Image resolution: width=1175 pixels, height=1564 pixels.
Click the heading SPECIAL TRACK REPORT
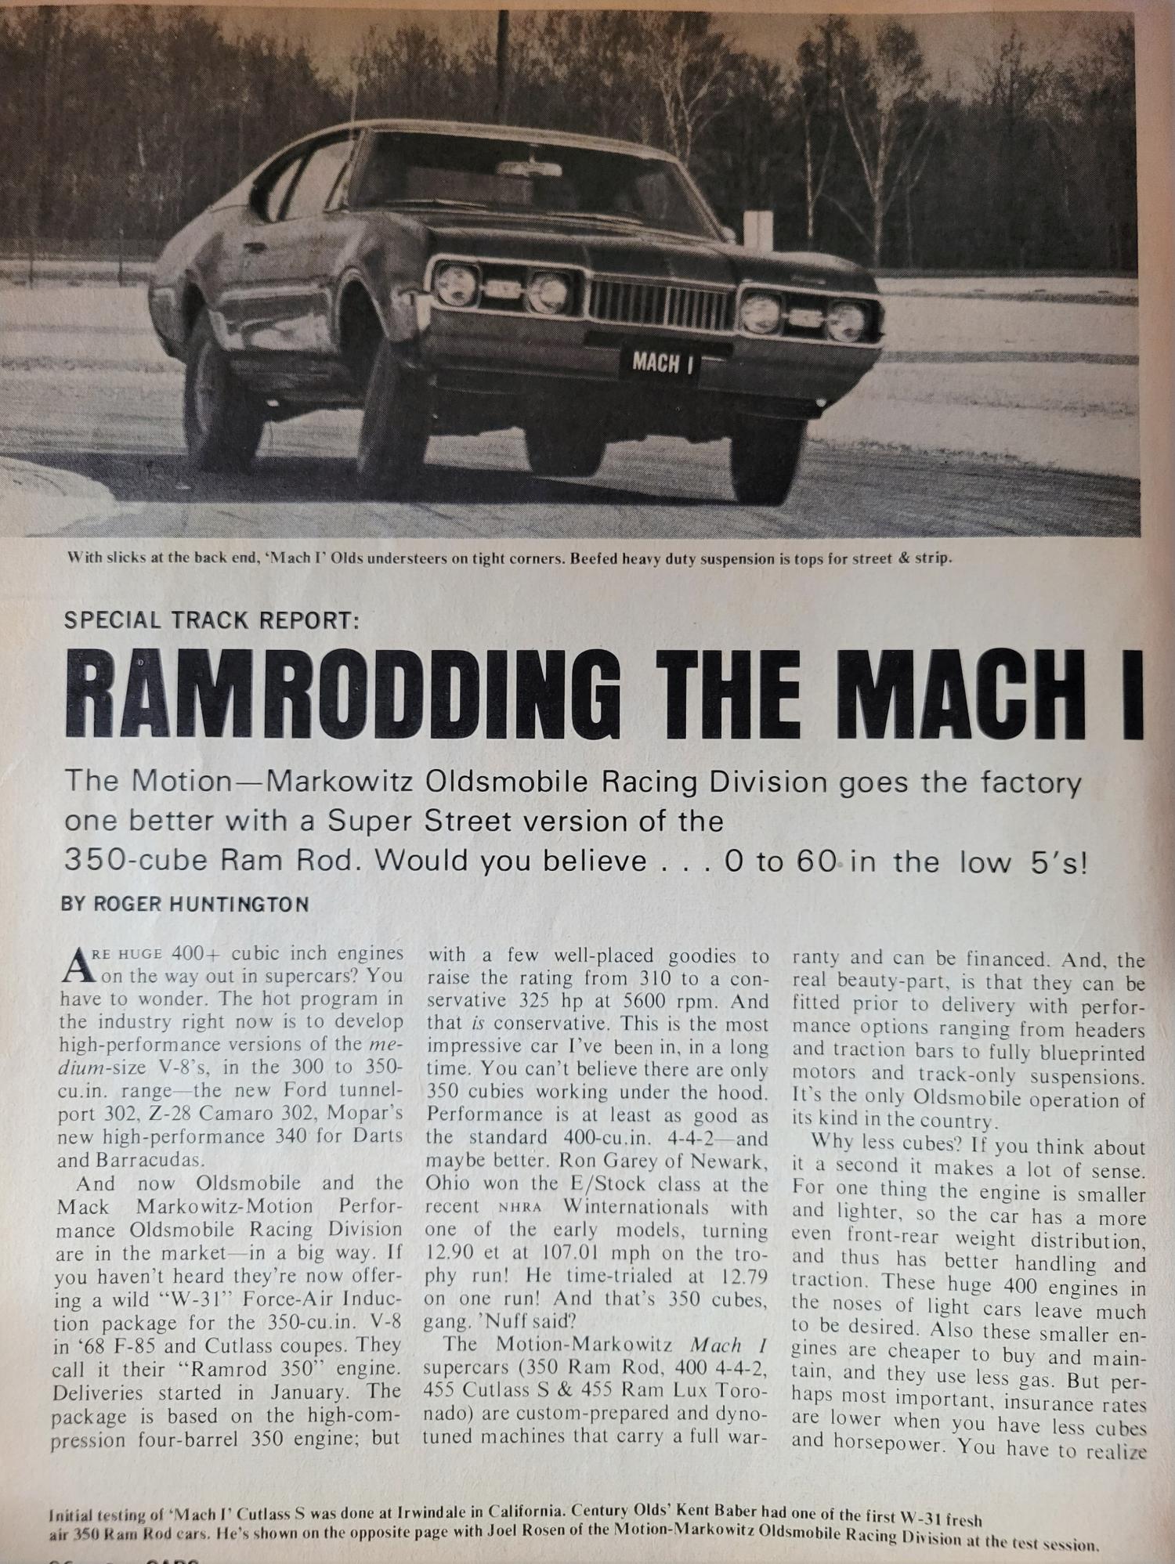[210, 620]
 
